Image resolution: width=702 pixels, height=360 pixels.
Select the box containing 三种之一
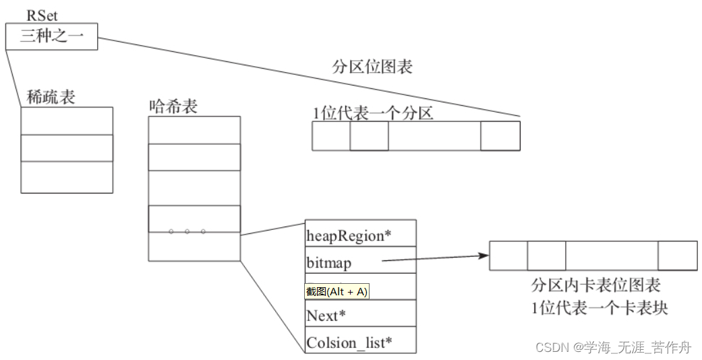coord(51,36)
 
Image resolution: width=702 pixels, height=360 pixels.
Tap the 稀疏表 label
coord(51,97)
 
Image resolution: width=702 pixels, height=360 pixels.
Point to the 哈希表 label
coord(173,106)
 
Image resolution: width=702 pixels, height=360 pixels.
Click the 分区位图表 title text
coord(372,67)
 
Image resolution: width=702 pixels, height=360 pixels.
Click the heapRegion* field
coord(349,235)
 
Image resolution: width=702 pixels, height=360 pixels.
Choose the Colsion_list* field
coord(349,342)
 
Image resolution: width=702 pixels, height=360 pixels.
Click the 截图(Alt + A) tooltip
coord(337,291)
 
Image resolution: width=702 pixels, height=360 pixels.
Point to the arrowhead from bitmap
coord(482,256)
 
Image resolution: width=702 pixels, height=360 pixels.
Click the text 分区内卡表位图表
coord(595,285)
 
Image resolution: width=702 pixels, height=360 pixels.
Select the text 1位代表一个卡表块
coord(599,308)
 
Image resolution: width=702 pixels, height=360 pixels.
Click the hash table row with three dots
coord(194,219)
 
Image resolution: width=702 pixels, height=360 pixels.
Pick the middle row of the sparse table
coord(67,148)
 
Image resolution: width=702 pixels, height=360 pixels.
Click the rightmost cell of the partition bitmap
coord(500,136)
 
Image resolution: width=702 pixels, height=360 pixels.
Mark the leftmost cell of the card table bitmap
coord(508,256)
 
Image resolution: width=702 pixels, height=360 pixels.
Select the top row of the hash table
coord(194,130)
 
